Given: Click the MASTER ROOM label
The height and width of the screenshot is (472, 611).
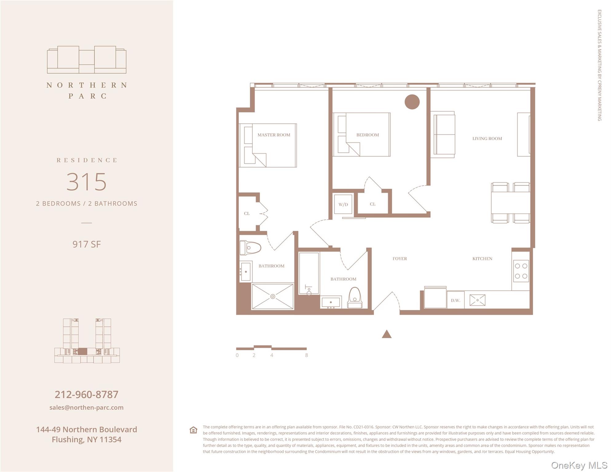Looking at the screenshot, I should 274,135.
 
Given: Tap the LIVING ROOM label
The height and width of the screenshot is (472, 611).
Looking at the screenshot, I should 487,139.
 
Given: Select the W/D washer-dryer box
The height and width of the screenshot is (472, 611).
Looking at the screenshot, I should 343,204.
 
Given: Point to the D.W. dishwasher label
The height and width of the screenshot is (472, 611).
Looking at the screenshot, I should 455,300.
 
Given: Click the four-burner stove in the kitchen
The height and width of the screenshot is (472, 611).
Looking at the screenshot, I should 521,271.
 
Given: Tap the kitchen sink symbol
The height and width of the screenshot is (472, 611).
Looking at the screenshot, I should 477,300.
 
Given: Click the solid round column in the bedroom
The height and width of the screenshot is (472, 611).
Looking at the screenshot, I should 412,102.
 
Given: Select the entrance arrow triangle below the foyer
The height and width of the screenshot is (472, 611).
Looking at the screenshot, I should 386,334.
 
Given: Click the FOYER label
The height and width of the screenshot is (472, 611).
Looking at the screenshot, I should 400,259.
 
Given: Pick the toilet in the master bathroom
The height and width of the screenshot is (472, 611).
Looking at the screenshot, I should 250,248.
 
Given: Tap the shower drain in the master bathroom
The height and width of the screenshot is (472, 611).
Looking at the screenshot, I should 273,297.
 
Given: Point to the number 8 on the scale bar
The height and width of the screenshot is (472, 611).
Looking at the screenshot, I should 306,355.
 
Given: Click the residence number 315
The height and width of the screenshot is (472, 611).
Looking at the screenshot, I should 87,182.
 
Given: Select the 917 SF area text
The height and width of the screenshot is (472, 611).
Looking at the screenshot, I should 87,244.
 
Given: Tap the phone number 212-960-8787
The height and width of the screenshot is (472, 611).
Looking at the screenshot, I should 87,395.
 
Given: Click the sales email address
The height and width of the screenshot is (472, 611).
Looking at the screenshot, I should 87,407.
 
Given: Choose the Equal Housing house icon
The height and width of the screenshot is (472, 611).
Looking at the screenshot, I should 193,430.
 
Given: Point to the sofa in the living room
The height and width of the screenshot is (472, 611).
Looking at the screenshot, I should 444,135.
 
